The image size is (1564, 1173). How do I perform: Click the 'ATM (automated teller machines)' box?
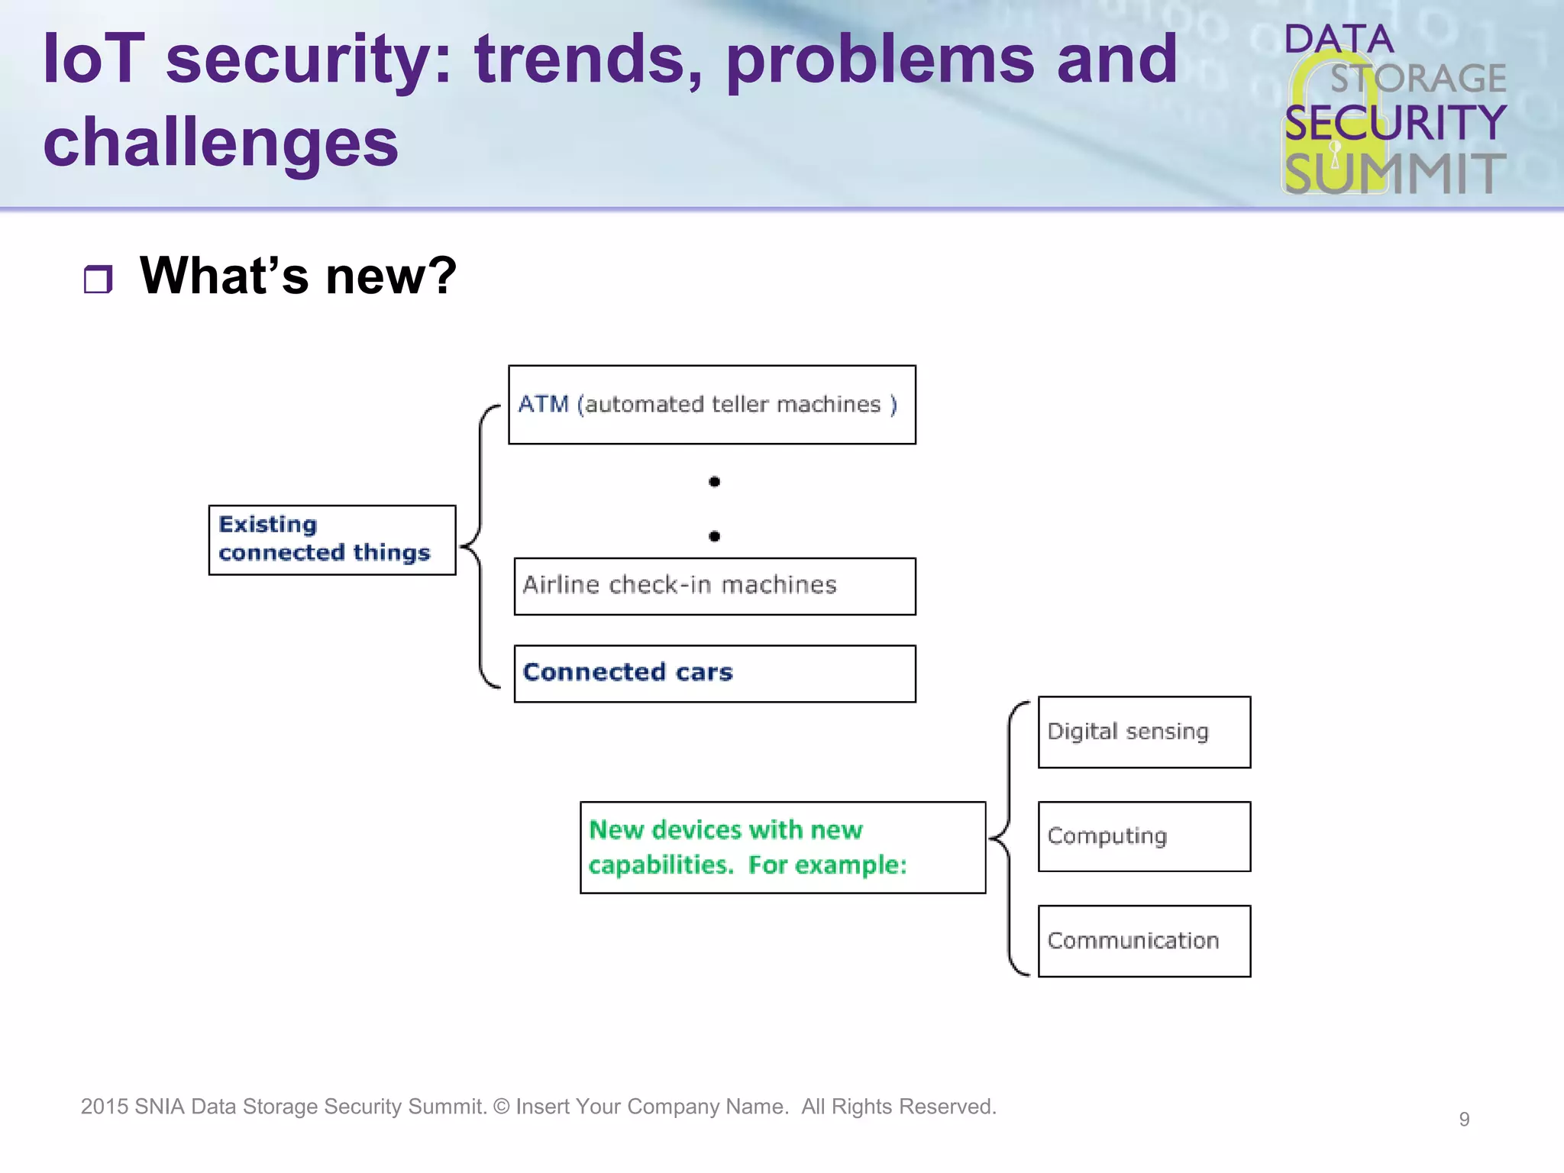pyautogui.click(x=712, y=405)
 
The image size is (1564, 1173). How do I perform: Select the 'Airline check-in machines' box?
pyautogui.click(x=715, y=586)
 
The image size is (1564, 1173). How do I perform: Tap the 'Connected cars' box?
pyautogui.click(x=715, y=673)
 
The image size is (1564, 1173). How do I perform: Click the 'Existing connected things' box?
pyautogui.click(x=332, y=539)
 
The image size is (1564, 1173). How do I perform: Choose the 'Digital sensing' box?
pyautogui.click(x=1144, y=732)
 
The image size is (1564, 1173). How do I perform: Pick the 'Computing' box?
pyautogui.click(x=1144, y=836)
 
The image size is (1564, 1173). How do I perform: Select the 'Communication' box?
pyautogui.click(x=1144, y=941)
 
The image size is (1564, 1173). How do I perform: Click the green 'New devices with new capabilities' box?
pyautogui.click(x=783, y=847)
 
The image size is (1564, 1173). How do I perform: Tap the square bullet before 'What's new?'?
pyautogui.click(x=98, y=280)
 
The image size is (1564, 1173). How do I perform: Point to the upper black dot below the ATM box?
pyautogui.click(x=714, y=481)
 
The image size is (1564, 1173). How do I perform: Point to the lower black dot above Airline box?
pyautogui.click(x=714, y=536)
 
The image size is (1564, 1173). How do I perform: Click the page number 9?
pyautogui.click(x=1464, y=1119)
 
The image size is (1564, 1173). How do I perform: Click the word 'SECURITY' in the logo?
pyautogui.click(x=1394, y=123)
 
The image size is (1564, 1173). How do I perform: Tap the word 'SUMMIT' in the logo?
pyautogui.click(x=1394, y=173)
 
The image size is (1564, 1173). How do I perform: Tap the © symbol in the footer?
pyautogui.click(x=501, y=1107)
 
